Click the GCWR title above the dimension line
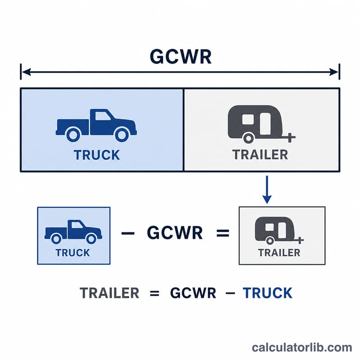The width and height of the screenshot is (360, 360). [180, 57]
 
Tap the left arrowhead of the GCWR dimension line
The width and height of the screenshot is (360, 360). [26, 72]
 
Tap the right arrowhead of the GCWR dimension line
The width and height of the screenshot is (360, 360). [333, 72]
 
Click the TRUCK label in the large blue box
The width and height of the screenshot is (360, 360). [97, 155]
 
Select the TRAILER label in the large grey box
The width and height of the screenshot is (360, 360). [261, 154]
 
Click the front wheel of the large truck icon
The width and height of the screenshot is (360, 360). [121, 135]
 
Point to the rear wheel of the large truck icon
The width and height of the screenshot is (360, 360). [73, 135]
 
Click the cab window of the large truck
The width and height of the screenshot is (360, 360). [103, 116]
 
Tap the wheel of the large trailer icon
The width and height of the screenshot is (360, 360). [248, 138]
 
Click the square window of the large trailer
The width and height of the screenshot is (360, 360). [248, 119]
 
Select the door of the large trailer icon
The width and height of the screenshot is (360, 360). [265, 124]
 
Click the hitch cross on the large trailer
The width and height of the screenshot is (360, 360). [290, 138]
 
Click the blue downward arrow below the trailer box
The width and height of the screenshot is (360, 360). [267, 189]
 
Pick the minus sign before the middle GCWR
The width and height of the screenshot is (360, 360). [128, 233]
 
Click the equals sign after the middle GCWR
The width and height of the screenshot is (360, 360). [223, 233]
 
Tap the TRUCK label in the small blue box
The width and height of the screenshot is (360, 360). [72, 253]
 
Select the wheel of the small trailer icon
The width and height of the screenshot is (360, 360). [270, 241]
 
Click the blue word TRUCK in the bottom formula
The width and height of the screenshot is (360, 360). [267, 293]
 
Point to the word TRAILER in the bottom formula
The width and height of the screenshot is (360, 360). [109, 293]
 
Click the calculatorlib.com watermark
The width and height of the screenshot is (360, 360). [302, 347]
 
